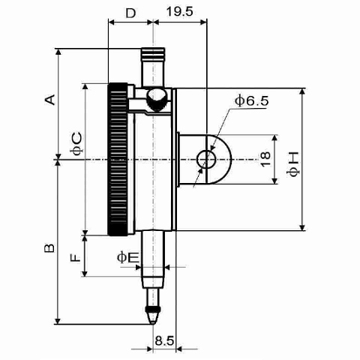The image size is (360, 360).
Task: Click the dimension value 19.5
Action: (180, 11)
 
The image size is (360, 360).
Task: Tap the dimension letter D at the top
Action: (130, 13)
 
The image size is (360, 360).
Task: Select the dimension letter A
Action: (49, 100)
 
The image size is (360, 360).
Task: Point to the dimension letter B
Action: (49, 247)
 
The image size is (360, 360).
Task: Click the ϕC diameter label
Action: (76, 144)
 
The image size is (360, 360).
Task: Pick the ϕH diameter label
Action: (293, 164)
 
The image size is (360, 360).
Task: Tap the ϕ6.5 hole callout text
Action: (252, 100)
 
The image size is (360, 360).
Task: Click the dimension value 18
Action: (265, 159)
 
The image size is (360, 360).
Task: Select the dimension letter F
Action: (76, 257)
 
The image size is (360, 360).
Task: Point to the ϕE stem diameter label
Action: (127, 257)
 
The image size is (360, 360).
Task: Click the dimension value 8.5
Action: (164, 340)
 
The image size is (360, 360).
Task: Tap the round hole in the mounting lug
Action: (206, 159)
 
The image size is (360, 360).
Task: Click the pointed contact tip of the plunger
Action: (153, 322)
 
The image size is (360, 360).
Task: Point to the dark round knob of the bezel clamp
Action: (156, 100)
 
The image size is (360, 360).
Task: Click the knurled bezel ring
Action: (118, 159)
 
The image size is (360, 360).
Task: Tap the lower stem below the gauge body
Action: (153, 259)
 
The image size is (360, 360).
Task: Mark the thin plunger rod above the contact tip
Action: (153, 298)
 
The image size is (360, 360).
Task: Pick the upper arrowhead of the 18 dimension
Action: (274, 138)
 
